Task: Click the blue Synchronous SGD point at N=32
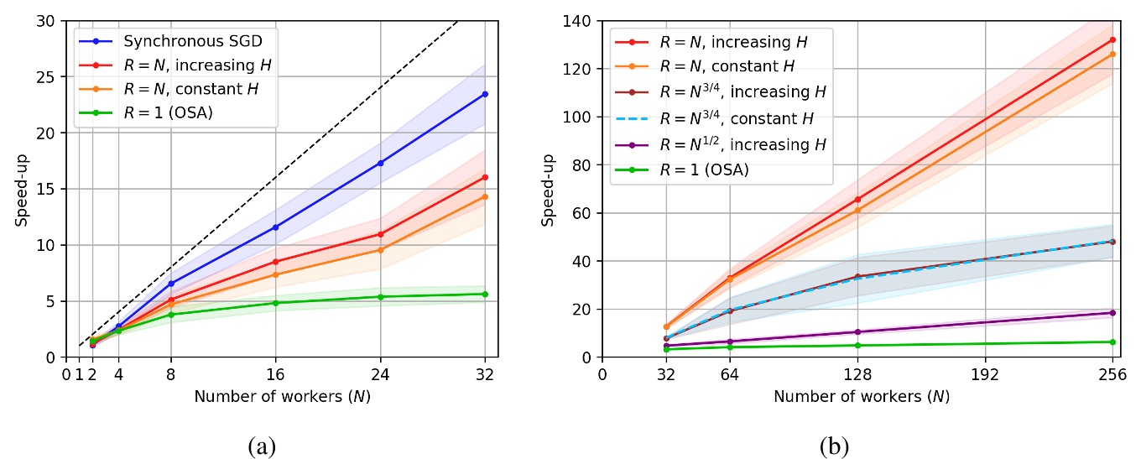click(x=485, y=94)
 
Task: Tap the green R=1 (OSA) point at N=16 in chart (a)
click(x=275, y=303)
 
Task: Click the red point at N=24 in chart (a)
click(x=380, y=234)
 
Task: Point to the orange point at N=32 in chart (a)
click(x=485, y=196)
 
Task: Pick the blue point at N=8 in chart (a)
click(x=171, y=284)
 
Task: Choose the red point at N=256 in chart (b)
click(x=1112, y=39)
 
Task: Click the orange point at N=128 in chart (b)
click(x=857, y=210)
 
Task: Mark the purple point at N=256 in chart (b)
click(x=1112, y=313)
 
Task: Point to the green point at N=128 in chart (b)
click(x=857, y=345)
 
